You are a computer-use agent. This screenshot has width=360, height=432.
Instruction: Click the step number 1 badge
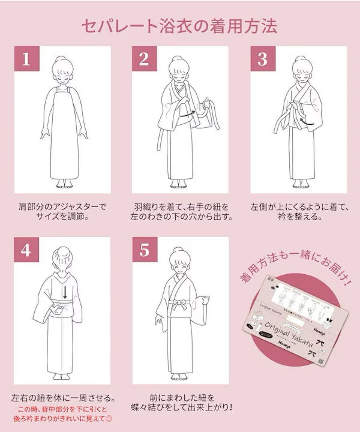[27, 59]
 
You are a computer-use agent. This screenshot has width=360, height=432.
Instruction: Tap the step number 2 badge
[144, 59]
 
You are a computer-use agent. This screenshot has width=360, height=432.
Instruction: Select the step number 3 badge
[262, 59]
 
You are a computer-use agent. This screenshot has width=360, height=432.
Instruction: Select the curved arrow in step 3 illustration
[306, 121]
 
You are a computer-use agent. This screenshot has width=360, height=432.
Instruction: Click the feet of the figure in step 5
[178, 377]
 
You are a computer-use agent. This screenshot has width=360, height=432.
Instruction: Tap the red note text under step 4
[62, 414]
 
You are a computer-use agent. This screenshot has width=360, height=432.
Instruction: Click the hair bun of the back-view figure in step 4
[63, 253]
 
